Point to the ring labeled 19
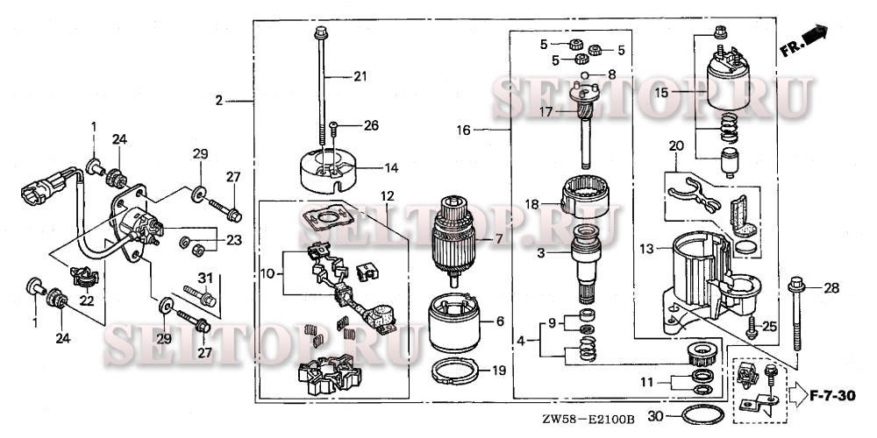(459, 371)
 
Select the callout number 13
(647, 250)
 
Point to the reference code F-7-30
(832, 397)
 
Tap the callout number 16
(463, 130)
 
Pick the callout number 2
(219, 101)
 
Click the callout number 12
(387, 194)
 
